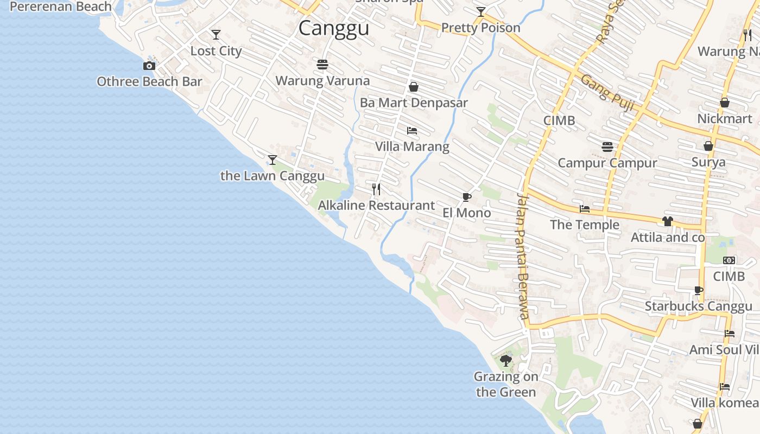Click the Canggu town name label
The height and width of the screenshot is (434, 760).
click(x=334, y=28)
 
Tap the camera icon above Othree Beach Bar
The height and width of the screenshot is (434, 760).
click(x=149, y=66)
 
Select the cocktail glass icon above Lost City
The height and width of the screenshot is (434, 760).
click(x=216, y=35)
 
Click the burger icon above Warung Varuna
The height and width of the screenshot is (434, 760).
click(x=322, y=65)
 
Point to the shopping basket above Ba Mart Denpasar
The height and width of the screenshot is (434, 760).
click(x=414, y=87)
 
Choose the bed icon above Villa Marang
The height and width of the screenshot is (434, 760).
click(x=412, y=131)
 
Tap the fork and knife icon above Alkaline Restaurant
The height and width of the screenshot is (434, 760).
click(x=376, y=189)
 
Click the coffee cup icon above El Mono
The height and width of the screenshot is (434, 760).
click(x=466, y=197)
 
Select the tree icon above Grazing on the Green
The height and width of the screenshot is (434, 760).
click(x=506, y=360)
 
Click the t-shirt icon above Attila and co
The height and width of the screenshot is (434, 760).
click(x=667, y=221)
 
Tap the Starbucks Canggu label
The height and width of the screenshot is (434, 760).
click(x=698, y=307)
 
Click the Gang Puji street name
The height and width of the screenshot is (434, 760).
click(x=607, y=93)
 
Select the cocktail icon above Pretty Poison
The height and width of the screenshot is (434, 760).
click(x=480, y=12)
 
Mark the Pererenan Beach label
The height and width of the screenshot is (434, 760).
click(x=61, y=7)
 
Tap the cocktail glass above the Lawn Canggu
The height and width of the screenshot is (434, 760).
click(x=273, y=160)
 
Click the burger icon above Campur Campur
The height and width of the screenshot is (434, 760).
click(x=607, y=147)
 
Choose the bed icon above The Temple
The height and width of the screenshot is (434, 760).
click(x=585, y=209)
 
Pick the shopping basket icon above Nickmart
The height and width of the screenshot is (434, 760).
click(x=724, y=103)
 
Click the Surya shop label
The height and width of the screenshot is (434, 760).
click(x=708, y=162)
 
